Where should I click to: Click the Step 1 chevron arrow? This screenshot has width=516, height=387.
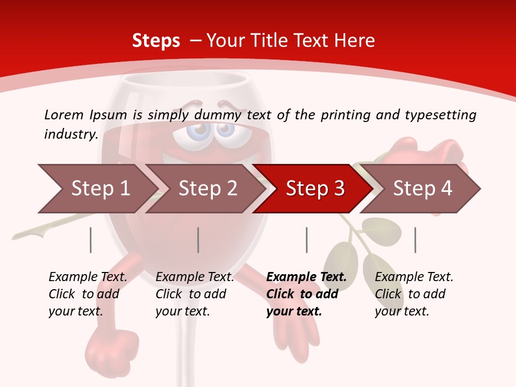97,189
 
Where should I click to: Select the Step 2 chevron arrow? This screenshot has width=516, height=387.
204,189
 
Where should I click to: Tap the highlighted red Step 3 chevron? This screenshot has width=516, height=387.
312,189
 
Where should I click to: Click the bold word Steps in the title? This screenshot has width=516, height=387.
156,41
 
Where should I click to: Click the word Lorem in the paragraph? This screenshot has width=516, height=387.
63,115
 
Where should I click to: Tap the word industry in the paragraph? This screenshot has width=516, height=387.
70,134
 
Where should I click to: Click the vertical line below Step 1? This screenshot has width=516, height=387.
91,240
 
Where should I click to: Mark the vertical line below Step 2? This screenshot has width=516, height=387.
198,240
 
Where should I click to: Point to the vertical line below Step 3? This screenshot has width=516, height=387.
306,240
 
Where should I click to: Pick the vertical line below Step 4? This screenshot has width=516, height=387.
415,240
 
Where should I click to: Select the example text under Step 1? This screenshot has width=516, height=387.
87,294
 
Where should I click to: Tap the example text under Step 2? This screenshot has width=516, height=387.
194,294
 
